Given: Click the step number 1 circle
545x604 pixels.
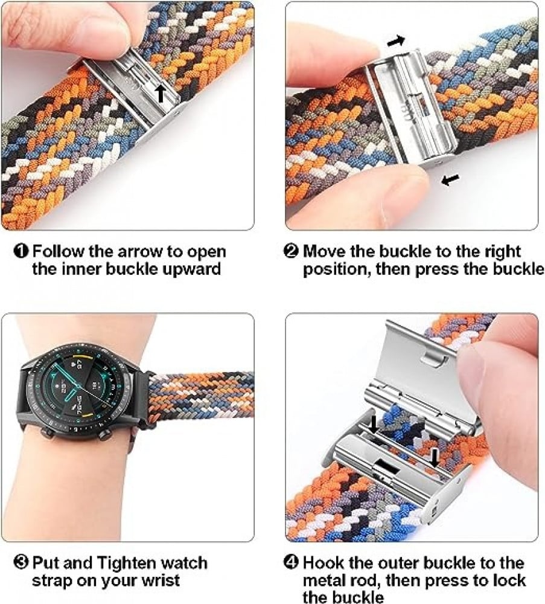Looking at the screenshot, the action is (x=21, y=251).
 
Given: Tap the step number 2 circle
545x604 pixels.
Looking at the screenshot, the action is (x=291, y=251).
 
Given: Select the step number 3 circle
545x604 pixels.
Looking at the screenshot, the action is (x=21, y=562).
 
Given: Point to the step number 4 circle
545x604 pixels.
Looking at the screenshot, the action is (x=291, y=562).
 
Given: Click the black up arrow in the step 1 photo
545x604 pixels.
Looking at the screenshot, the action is (x=161, y=94).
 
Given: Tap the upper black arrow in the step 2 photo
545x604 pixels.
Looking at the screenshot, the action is (x=396, y=40).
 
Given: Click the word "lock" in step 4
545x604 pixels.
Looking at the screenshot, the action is (x=510, y=580).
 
